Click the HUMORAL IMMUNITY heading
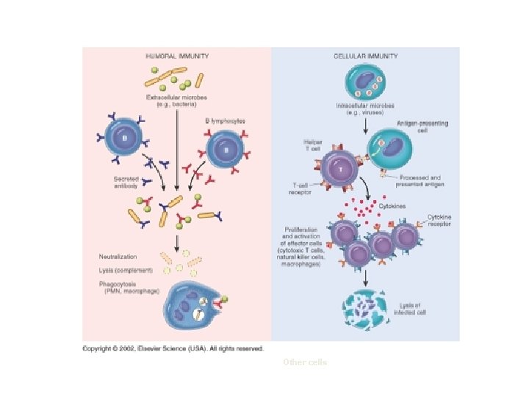tap(176, 56)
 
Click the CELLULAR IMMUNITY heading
tap(365, 56)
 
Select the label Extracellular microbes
tap(176, 101)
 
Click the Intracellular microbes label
tap(366, 109)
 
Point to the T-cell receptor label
tap(299, 189)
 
